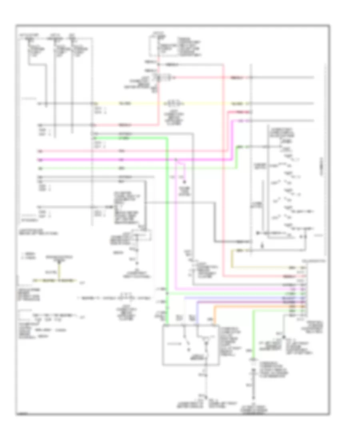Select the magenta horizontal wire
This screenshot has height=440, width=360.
coord(120,159)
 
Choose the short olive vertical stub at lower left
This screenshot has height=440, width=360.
coord(59,272)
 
